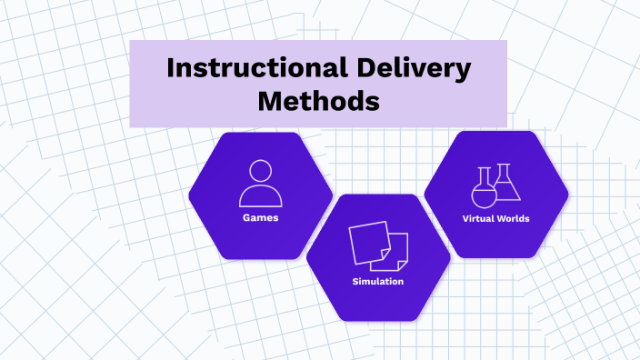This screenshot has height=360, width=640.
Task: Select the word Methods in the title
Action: click(318, 101)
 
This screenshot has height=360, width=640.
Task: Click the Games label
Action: click(260, 218)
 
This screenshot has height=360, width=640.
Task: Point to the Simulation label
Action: click(378, 282)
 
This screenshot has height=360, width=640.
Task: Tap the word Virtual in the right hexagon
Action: click(479, 218)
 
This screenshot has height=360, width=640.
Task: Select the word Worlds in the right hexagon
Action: click(514, 218)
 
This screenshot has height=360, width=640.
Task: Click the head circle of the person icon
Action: click(260, 171)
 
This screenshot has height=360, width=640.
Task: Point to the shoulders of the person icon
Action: click(260, 196)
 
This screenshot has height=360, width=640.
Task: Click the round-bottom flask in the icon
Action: click(482, 192)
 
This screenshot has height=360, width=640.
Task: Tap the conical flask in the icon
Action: click(506, 186)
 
